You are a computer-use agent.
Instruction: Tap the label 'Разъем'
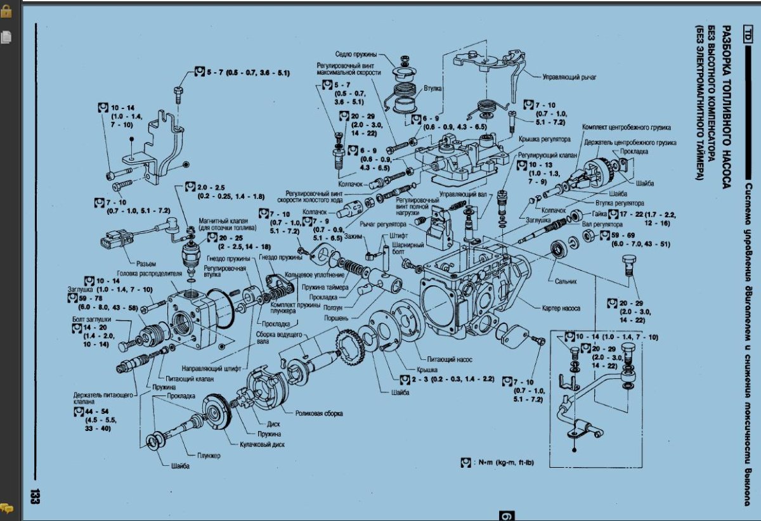[146, 263]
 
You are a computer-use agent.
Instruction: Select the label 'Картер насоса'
[561, 308]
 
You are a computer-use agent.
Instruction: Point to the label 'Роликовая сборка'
[319, 413]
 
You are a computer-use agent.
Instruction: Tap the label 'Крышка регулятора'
[545, 139]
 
